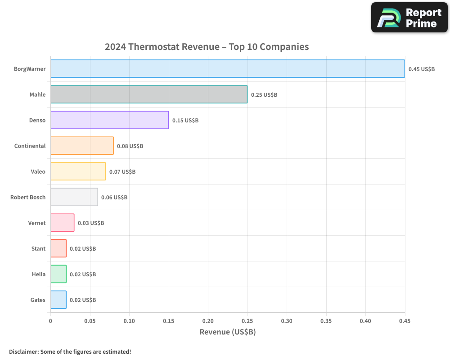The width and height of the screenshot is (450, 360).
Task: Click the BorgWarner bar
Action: click(227, 69)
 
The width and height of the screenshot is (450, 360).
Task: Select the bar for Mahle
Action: click(148, 94)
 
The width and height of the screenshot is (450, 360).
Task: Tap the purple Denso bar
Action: click(109, 120)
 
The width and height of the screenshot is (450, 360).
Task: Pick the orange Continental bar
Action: click(82, 146)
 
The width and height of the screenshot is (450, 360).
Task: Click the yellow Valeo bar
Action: click(78, 171)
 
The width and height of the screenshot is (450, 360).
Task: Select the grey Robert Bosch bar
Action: click(74, 197)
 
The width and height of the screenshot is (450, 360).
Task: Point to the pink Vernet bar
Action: click(62, 223)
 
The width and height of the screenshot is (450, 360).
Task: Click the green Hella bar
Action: click(58, 274)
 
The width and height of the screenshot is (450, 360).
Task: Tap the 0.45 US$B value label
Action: click(422, 69)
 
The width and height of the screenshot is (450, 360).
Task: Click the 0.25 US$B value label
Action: click(264, 95)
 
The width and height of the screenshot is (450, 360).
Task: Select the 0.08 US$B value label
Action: click(130, 146)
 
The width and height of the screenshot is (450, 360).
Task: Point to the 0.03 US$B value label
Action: click(91, 223)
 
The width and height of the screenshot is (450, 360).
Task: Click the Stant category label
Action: click(38, 249)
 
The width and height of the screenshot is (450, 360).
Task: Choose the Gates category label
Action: click(38, 300)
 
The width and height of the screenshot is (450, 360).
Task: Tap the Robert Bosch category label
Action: click(28, 198)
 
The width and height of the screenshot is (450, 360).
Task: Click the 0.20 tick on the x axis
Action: click(208, 321)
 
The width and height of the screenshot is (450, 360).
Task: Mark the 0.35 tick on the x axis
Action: click(326, 321)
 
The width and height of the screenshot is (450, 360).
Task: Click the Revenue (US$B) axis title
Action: click(227, 332)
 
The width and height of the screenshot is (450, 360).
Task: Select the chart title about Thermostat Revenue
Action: click(207, 47)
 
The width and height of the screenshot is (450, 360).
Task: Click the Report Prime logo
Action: click(409, 18)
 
